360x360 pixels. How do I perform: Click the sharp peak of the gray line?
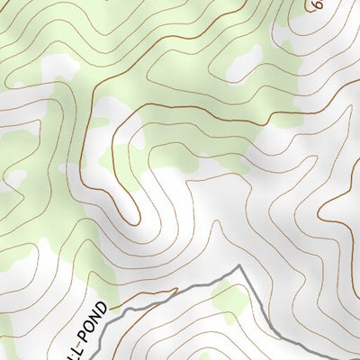(x=239, y=266)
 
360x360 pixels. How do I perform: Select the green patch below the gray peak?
(x=230, y=301)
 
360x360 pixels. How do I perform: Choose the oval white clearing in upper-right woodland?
(x=241, y=63)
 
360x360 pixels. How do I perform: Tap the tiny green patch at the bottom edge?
(x=8, y=353)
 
